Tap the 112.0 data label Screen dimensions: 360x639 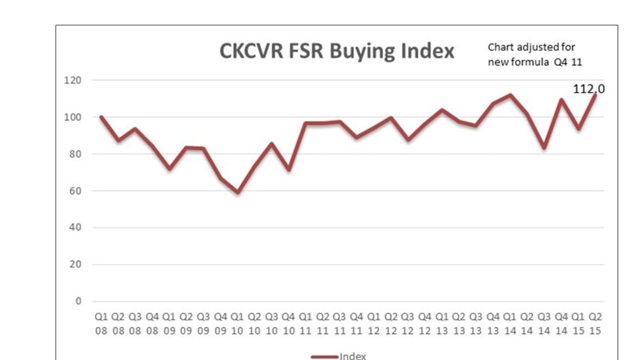[x=589, y=89]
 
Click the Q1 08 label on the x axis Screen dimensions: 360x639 [x=101, y=322]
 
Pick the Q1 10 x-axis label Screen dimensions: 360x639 [x=238, y=322]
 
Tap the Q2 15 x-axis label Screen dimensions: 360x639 [x=595, y=322]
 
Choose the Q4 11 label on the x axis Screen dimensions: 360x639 [x=357, y=322]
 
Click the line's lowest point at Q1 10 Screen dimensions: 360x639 [x=238, y=192]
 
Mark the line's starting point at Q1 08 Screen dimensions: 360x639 [x=101, y=117]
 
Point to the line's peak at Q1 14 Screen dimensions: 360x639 [x=511, y=95]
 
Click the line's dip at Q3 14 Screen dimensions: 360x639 [x=544, y=147]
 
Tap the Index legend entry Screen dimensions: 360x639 [x=338, y=356]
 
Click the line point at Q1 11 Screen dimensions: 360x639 [x=306, y=123]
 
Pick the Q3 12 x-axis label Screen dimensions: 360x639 [x=408, y=322]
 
